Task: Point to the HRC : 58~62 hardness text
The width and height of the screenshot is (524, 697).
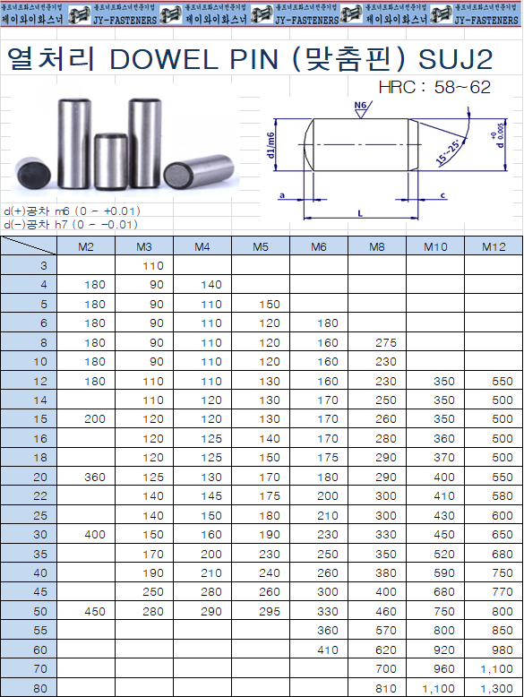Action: click(435, 88)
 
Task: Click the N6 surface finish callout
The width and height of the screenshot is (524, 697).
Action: click(361, 107)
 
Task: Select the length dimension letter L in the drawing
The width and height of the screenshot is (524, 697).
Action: click(359, 211)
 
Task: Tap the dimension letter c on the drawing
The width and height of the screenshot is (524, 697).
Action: click(443, 194)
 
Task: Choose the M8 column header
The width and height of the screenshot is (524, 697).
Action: click(377, 246)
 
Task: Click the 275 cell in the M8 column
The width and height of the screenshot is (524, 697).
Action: click(386, 343)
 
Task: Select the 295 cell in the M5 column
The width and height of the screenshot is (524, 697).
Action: click(270, 611)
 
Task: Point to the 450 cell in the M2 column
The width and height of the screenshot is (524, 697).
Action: click(94, 611)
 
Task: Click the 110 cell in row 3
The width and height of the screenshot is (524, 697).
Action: click(152, 266)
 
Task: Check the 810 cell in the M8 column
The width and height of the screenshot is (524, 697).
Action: click(386, 688)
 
